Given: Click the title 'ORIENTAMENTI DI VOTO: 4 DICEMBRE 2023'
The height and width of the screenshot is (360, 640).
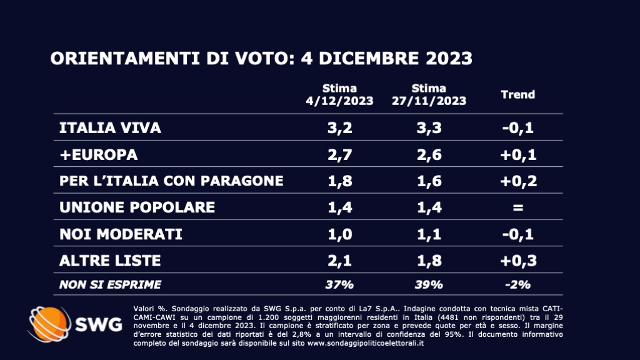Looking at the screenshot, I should (261, 59).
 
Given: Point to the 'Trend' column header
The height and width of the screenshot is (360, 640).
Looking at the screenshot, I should (518, 95).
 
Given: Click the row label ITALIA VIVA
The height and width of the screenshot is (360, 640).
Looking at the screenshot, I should (110, 128).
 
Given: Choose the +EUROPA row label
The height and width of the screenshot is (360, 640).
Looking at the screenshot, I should (98, 154).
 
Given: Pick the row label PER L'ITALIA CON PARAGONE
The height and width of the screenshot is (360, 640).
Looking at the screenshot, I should (171, 181).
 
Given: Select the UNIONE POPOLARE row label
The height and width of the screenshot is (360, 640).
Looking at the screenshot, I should (137, 207).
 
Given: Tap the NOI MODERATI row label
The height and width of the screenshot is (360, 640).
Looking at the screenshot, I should (121, 234).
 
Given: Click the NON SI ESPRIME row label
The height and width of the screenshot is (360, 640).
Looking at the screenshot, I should (110, 284).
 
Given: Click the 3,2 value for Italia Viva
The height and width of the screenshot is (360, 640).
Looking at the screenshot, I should (339, 128).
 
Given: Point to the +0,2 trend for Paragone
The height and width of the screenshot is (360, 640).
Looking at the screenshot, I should (517, 181).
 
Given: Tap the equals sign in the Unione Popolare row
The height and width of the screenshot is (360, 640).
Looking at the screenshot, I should (517, 207).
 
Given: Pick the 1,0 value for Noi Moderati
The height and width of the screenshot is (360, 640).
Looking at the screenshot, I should (339, 234).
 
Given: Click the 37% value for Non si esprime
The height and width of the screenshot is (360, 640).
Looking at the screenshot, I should (339, 284).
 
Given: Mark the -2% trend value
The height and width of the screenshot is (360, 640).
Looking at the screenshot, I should (517, 284).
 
